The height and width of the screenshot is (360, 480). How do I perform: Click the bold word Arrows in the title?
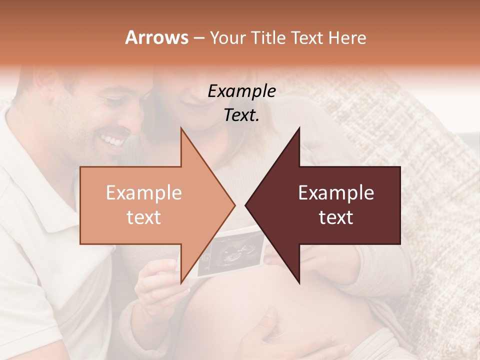157,37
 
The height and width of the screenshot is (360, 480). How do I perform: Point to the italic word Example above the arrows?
242,91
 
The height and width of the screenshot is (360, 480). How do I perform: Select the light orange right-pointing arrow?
150,205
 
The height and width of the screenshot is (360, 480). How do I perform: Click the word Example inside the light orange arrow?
144,193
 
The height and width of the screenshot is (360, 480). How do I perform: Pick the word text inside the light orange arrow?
144,217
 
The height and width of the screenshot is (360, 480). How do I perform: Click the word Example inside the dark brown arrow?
336,193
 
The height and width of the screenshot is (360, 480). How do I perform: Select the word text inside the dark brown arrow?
336,217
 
